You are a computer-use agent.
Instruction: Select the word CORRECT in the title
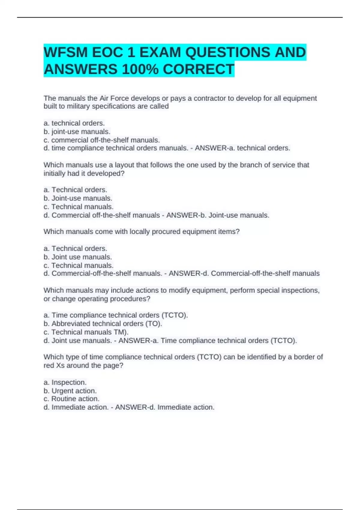(x=198, y=69)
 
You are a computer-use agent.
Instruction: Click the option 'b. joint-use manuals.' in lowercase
(x=77, y=132)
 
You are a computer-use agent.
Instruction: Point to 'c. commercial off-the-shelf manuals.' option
(x=102, y=140)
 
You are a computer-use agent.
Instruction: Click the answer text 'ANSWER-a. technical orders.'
(x=242, y=148)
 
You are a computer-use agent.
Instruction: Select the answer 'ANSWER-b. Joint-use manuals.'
(x=218, y=215)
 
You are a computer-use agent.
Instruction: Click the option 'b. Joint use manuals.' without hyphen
(x=78, y=257)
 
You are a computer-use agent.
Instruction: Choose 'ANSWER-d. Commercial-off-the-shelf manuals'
(x=244, y=274)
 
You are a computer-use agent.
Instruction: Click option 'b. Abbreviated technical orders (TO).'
(x=103, y=324)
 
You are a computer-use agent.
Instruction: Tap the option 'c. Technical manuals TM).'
(x=86, y=332)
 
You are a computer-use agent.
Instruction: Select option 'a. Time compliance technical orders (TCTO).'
(x=115, y=315)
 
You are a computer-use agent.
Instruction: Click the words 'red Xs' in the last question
(x=54, y=365)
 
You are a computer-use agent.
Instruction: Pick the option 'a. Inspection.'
(x=65, y=382)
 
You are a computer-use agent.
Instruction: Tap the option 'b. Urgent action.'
(x=70, y=391)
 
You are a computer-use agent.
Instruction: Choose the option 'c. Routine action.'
(x=71, y=399)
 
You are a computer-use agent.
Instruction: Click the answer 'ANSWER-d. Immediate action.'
(x=165, y=407)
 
